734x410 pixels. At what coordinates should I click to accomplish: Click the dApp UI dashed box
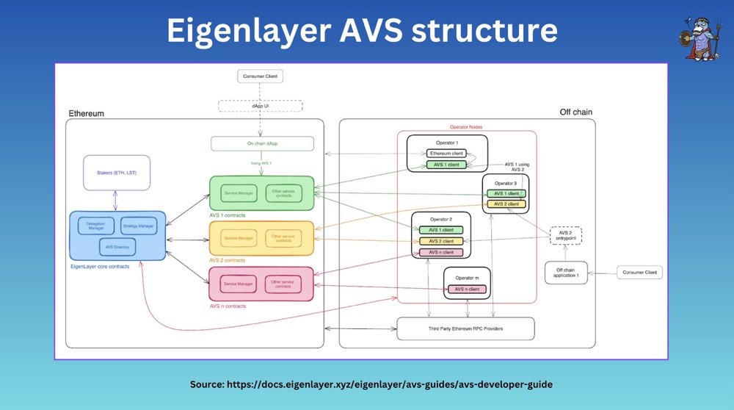[261, 107]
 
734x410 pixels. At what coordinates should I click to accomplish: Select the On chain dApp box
[262, 144]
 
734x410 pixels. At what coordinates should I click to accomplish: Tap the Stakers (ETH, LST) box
[117, 173]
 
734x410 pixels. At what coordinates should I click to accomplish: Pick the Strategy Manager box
[138, 226]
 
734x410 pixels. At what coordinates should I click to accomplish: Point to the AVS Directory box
[117, 247]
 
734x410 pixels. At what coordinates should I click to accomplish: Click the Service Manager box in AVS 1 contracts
[239, 193]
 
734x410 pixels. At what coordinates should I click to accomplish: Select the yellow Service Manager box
[239, 238]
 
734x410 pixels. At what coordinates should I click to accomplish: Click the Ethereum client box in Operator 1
[446, 153]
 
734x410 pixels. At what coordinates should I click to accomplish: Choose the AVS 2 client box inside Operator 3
[506, 204]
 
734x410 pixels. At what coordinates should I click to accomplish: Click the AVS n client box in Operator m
[467, 289]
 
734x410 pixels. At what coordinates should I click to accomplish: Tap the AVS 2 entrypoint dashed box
[565, 236]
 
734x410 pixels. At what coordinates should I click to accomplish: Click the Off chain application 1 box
[566, 273]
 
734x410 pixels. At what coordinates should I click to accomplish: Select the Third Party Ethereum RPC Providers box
[465, 328]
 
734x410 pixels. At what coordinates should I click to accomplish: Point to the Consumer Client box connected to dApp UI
[260, 76]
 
